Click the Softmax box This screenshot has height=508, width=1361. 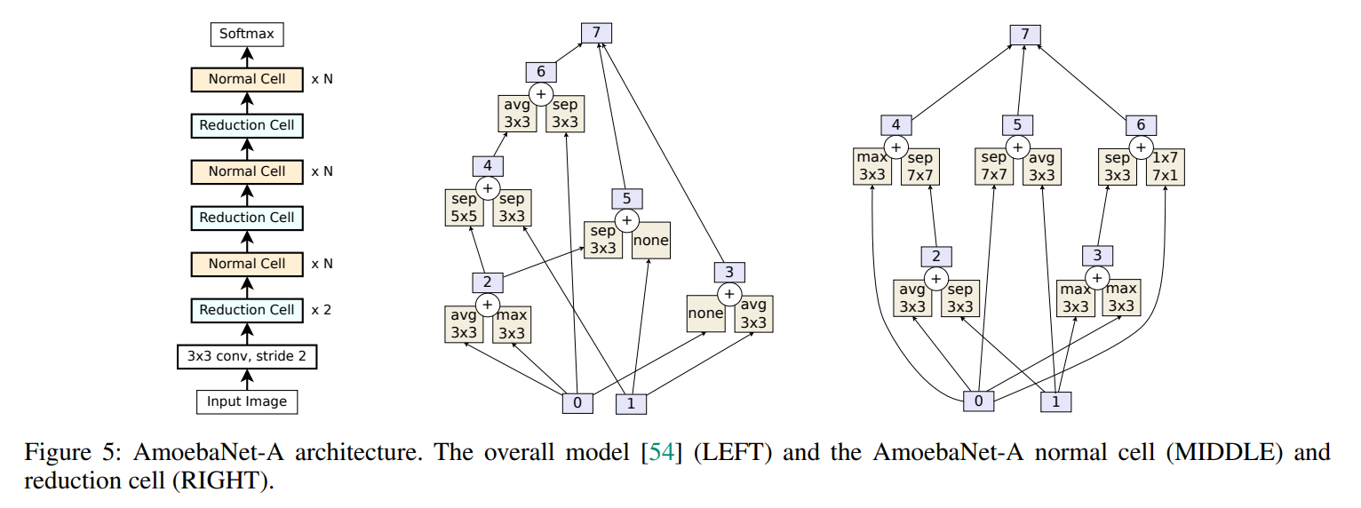pos(247,36)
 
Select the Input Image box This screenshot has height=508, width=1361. pos(247,401)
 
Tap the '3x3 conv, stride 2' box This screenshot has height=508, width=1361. pos(247,357)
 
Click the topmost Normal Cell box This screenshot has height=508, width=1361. pos(247,79)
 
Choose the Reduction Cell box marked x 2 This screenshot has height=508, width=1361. pos(247,310)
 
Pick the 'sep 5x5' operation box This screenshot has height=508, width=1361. pos(461,208)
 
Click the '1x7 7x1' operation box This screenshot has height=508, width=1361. pos(1166,167)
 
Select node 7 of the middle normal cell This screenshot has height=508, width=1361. pos(597,33)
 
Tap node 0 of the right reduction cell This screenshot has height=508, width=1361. pos(978,401)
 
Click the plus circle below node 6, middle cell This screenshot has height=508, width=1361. pos(541,93)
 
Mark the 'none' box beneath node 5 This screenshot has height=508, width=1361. pos(650,240)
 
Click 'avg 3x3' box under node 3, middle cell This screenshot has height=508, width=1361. pos(753,314)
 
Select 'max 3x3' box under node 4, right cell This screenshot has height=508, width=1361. pos(872,167)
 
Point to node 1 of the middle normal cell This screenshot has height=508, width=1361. pos(631,403)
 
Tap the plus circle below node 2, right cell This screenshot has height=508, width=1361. pos(935,278)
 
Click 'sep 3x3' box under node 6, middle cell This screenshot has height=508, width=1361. pos(564,114)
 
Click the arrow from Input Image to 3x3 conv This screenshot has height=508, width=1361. pos(247,379)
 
